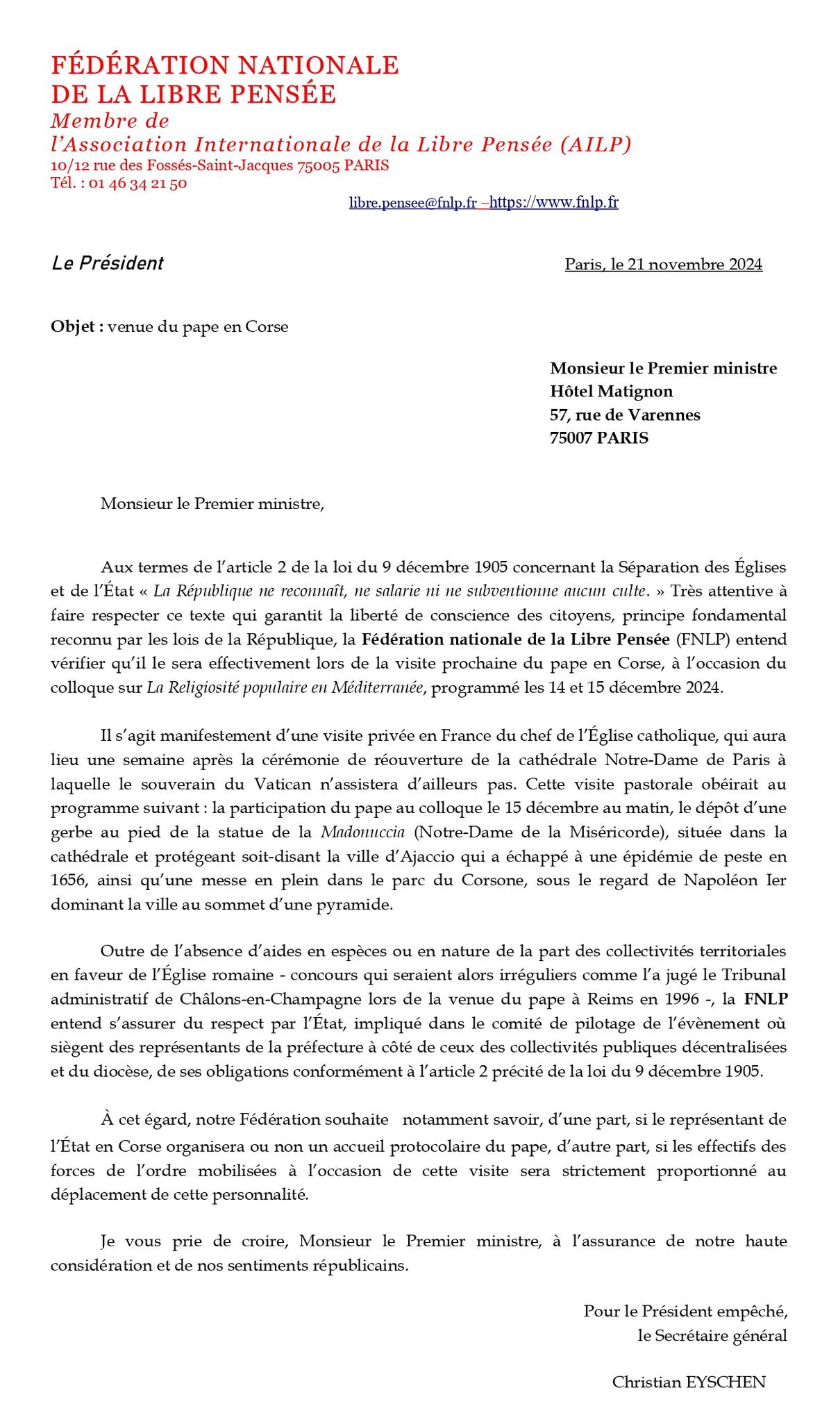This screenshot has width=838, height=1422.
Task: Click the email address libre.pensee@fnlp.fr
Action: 412,203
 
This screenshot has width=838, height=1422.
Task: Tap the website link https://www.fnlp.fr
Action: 553,203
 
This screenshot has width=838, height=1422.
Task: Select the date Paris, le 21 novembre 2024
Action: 663,265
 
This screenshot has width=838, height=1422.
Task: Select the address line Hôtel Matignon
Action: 611,392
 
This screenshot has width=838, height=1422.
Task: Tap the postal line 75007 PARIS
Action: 598,438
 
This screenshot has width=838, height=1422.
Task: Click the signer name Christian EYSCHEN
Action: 688,1382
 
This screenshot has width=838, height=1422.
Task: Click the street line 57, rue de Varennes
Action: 625,415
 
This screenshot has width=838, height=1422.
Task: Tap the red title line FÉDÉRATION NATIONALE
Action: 225,65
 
